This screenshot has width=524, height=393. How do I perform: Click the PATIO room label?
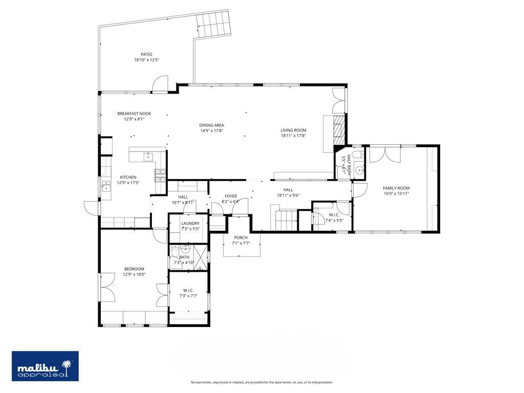(x=146, y=54)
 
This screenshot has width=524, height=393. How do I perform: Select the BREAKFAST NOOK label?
(x=134, y=114)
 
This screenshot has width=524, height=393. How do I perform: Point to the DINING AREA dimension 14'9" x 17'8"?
(x=211, y=130)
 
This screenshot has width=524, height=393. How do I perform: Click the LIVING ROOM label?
(x=293, y=130)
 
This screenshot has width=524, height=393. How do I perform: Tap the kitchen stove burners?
(x=161, y=175)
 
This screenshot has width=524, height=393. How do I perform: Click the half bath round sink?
(x=359, y=171)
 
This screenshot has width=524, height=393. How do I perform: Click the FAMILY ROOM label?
(x=396, y=188)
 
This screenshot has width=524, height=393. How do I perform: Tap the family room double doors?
(x=385, y=155)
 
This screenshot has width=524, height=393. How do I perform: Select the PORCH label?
(x=241, y=237)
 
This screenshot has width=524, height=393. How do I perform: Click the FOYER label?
(x=230, y=195)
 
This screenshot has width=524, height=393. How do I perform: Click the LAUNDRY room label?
(x=190, y=223)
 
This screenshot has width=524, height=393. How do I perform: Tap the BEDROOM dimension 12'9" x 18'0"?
(x=134, y=274)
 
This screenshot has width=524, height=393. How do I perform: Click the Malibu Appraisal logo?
(x=45, y=366)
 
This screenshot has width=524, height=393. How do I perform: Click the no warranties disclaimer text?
(x=261, y=382)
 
